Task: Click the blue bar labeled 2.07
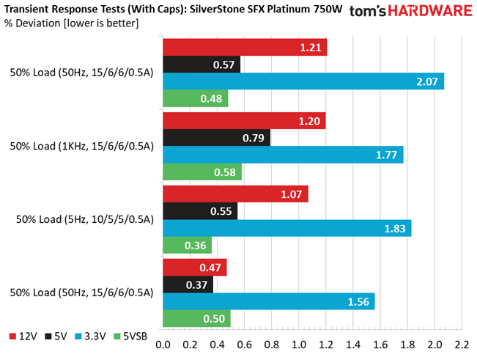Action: [303, 81]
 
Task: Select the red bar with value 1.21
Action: [245, 48]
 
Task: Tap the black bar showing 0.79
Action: [216, 138]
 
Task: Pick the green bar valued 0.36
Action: [187, 246]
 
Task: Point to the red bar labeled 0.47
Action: [194, 268]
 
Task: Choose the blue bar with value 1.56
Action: [268, 301]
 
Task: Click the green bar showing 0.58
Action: [201, 172]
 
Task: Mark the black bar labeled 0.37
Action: [188, 284]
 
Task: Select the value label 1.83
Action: [395, 228]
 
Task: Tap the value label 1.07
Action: [292, 194]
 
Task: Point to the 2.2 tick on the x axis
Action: [462, 345]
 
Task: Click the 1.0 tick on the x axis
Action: [299, 345]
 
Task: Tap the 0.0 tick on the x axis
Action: [163, 345]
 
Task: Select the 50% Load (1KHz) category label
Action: [81, 146]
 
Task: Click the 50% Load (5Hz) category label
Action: [83, 219]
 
